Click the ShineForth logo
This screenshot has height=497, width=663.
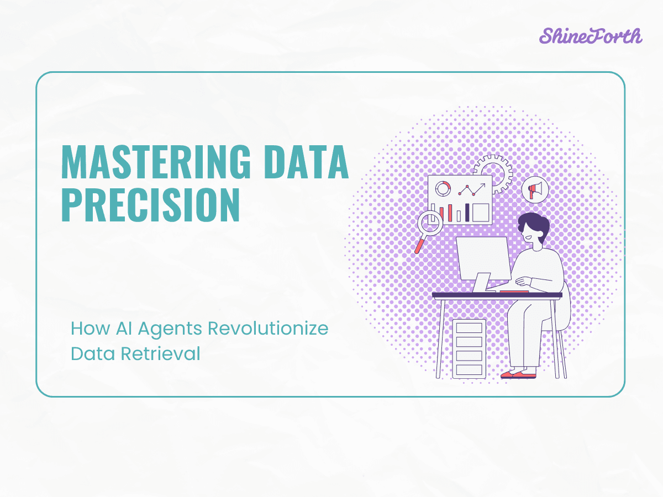pyautogui.click(x=590, y=36)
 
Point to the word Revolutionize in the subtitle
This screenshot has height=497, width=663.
pyautogui.click(x=267, y=329)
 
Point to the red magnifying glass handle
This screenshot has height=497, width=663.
pyautogui.click(x=419, y=245)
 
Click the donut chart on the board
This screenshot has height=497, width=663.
pyautogui.click(x=442, y=189)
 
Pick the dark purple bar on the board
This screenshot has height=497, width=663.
pyautogui.click(x=467, y=212)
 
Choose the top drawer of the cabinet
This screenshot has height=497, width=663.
pyautogui.click(x=469, y=328)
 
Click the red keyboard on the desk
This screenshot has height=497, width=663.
pyautogui.click(x=513, y=291)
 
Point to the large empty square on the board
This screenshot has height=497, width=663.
pyautogui.click(x=481, y=212)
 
